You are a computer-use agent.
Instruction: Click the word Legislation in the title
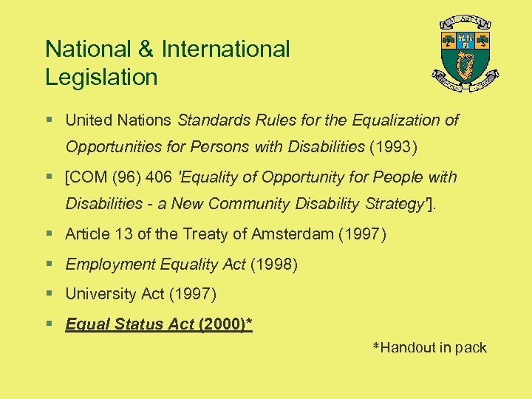(x=101, y=77)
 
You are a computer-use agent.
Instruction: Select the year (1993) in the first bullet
(x=395, y=147)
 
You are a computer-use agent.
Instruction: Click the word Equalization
(x=397, y=120)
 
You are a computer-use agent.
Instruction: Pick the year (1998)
(x=274, y=265)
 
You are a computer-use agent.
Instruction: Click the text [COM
(x=86, y=177)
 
